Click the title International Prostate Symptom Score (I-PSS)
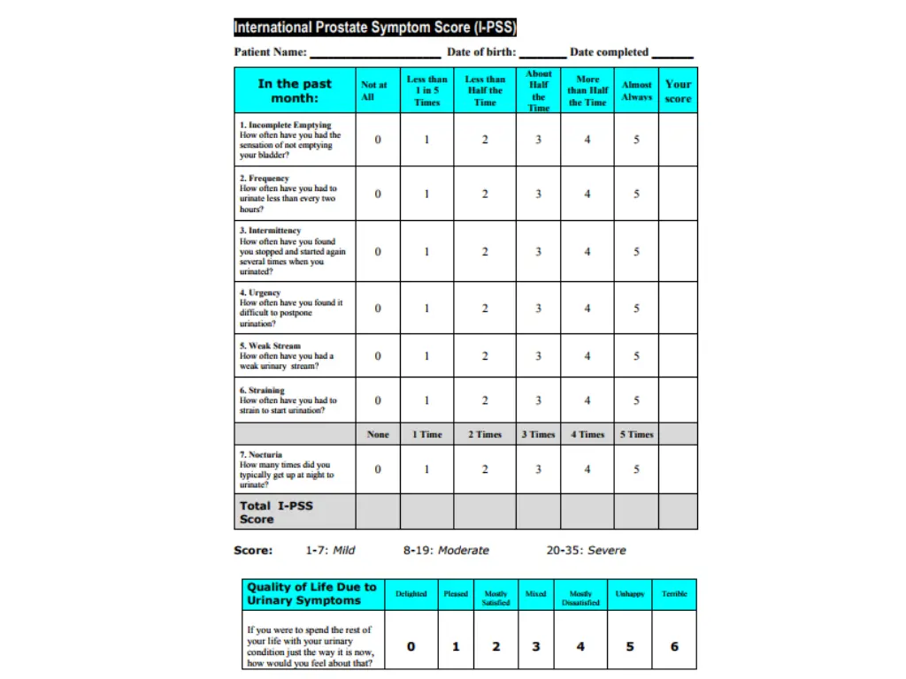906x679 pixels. click(x=375, y=27)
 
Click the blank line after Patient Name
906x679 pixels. click(x=375, y=55)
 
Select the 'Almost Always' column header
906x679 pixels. click(x=636, y=91)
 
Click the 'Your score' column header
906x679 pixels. click(x=678, y=91)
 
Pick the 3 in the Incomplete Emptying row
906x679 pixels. click(x=538, y=140)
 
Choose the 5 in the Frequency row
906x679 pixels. click(x=636, y=194)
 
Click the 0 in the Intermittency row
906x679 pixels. click(x=378, y=251)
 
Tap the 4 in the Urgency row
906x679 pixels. click(x=587, y=308)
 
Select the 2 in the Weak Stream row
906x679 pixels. click(x=485, y=356)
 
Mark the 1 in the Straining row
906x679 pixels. click(x=426, y=400)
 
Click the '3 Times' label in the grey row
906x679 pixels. click(x=538, y=434)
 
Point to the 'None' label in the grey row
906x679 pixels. click(x=378, y=434)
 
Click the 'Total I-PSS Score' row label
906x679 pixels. click(x=276, y=512)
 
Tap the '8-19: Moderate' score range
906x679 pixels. click(x=446, y=550)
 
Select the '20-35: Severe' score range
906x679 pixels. click(x=586, y=550)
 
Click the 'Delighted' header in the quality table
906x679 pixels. click(x=411, y=594)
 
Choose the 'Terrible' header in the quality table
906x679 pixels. click(x=674, y=594)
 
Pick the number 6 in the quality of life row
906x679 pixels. click(x=674, y=646)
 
